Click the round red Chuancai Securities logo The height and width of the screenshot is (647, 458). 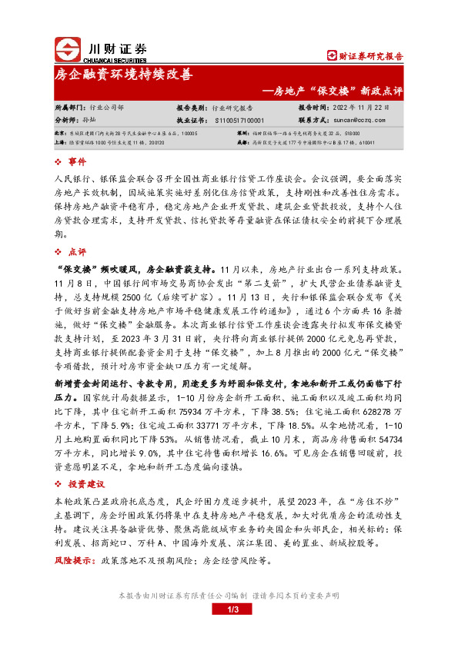(x=66, y=48)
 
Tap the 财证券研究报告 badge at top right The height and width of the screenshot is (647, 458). (x=366, y=55)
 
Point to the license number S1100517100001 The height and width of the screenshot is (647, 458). (x=241, y=120)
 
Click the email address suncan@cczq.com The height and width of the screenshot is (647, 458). (x=361, y=120)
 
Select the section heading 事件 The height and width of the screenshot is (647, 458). (x=77, y=163)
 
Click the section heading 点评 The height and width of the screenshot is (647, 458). (x=77, y=251)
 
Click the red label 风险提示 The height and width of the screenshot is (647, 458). (x=73, y=562)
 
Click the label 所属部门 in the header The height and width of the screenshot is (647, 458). (x=70, y=108)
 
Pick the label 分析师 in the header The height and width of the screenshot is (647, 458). (x=67, y=120)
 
